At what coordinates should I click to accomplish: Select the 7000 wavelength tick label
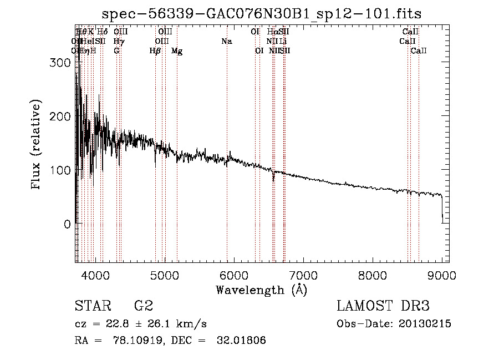(x=303, y=275)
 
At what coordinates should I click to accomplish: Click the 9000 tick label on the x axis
(x=442, y=275)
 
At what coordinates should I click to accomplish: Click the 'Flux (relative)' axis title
(x=37, y=146)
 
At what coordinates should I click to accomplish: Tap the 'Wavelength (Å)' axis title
(x=261, y=290)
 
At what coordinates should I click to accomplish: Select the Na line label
(x=226, y=42)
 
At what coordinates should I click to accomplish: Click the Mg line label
(x=177, y=51)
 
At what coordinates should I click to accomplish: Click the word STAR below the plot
(x=91, y=306)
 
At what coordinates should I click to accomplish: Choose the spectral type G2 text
(x=144, y=306)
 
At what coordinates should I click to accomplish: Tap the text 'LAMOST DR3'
(x=383, y=306)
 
